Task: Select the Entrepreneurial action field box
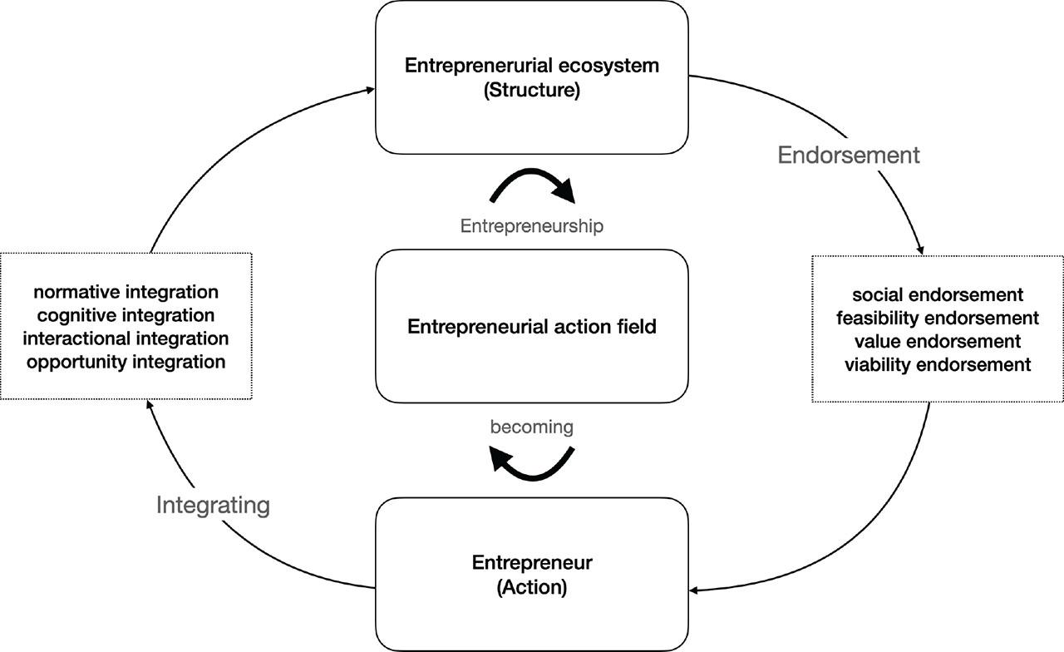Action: [532, 327]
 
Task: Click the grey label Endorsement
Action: [849, 155]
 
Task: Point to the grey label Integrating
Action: [213, 505]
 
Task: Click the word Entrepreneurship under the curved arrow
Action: [532, 225]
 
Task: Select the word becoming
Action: [532, 427]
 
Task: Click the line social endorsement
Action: [938, 295]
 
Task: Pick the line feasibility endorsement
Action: [938, 318]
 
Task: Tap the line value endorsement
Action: [938, 341]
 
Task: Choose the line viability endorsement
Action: [938, 364]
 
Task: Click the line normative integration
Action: [126, 292]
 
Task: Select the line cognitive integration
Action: [126, 315]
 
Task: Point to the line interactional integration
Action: [126, 338]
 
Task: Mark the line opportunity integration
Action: [126, 362]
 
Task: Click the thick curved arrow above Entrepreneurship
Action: [532, 184]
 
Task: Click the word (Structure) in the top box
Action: [532, 90]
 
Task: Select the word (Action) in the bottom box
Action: [532, 587]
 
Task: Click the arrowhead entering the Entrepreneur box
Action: [695, 591]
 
